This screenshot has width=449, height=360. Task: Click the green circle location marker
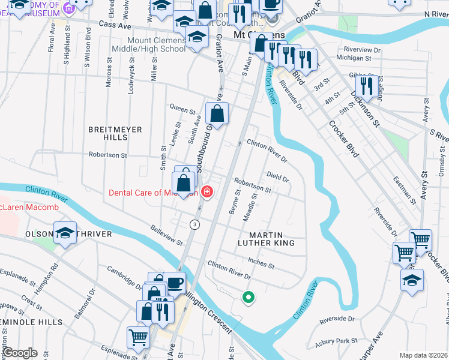coord(247,296)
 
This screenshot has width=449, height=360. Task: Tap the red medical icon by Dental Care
coord(207,193)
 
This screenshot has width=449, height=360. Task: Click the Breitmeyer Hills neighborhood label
coord(108,133)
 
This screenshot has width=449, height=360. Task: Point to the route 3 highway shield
coord(194,224)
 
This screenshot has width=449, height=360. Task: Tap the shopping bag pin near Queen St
coord(217,113)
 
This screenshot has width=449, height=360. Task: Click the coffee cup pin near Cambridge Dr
coord(174,282)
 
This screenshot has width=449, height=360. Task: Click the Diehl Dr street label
coord(277,179)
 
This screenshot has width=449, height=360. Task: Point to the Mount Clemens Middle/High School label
coord(149,44)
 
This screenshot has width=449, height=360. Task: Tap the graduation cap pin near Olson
coord(65,233)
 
